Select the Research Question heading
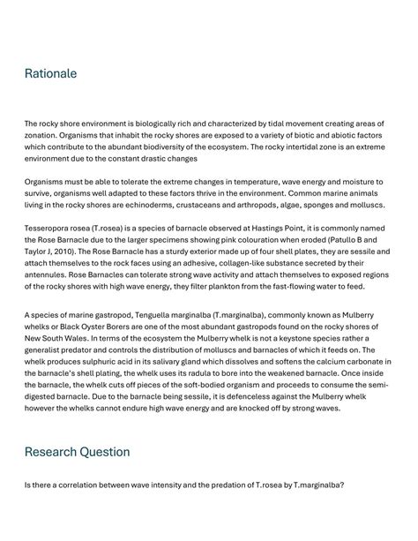click(77, 452)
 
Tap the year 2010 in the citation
click(77, 251)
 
